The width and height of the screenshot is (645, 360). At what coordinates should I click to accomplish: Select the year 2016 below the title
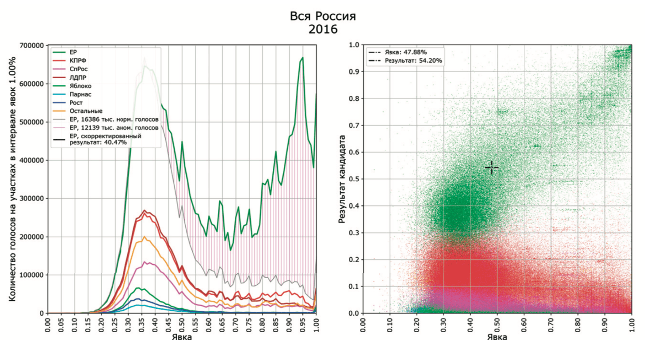323,30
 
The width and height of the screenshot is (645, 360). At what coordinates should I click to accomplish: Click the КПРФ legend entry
78,61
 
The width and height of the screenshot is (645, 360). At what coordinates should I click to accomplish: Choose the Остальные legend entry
86,111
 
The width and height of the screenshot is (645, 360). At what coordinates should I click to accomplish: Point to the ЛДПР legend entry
78,77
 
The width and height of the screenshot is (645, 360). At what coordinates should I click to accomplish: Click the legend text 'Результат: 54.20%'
413,61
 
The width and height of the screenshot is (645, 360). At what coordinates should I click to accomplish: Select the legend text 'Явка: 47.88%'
405,52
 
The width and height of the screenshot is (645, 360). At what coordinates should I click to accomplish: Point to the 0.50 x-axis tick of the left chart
182,325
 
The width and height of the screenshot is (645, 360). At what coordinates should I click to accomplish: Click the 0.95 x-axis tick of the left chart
303,325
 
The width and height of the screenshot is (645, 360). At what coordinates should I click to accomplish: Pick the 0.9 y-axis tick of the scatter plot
354,72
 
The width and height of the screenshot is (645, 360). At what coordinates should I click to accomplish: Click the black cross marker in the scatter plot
491,168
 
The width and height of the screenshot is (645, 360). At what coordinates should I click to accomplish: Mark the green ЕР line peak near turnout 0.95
302,57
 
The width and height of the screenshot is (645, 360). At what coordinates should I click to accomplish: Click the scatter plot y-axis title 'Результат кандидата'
342,179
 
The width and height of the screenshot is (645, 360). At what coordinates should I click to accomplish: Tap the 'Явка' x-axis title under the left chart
182,337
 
